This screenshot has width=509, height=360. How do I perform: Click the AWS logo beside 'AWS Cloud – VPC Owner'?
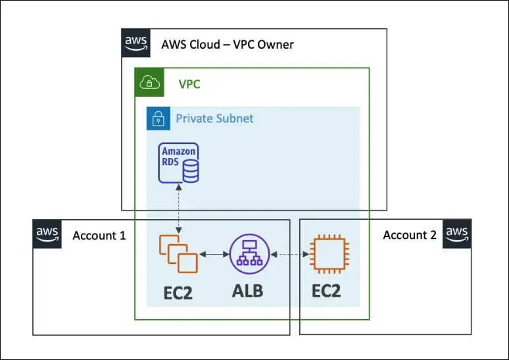[135, 43]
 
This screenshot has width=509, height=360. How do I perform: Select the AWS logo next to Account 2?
[456, 234]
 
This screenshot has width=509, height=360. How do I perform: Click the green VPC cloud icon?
[149, 82]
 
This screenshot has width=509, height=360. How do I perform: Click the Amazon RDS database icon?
[180, 163]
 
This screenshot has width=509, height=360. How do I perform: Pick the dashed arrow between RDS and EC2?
[179, 209]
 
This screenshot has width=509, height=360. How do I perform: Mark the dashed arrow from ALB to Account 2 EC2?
[289, 254]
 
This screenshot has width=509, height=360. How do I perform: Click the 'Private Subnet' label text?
[214, 119]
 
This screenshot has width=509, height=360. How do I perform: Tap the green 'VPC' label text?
[189, 84]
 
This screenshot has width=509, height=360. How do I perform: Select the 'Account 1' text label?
[99, 235]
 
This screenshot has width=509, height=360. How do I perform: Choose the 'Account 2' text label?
[410, 235]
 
